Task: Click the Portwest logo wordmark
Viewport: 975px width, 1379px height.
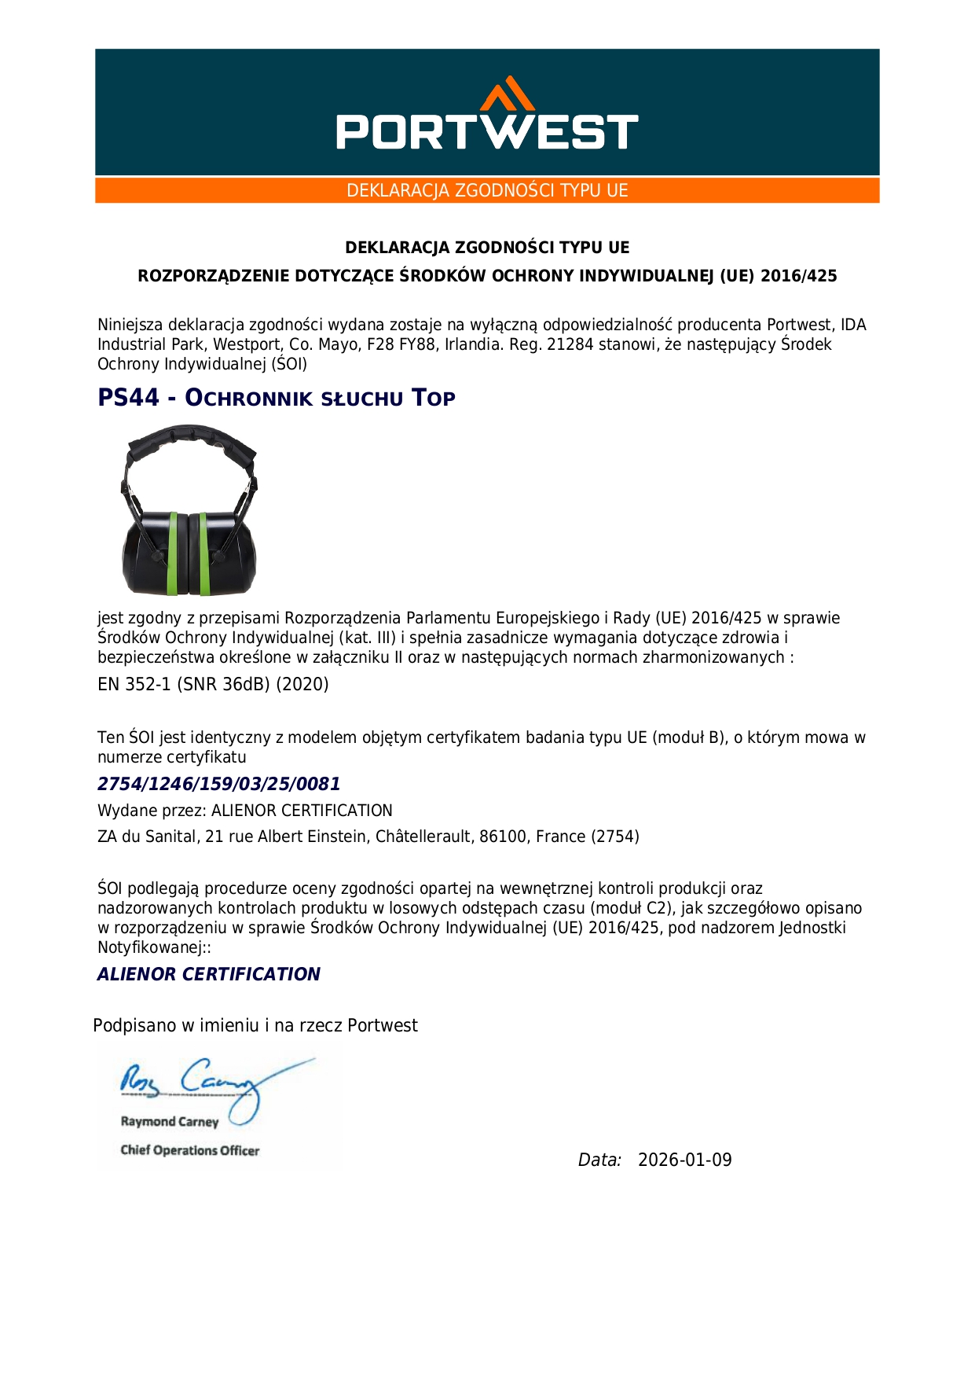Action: click(487, 131)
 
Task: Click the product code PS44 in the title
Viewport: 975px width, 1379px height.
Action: click(128, 398)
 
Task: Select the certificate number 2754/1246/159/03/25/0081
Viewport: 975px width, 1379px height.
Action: click(218, 784)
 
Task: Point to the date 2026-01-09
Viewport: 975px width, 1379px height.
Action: click(684, 1160)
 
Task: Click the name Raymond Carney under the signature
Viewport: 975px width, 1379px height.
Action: click(169, 1122)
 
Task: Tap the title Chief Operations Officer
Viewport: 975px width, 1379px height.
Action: click(189, 1150)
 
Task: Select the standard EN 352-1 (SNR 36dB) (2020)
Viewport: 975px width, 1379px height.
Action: click(213, 684)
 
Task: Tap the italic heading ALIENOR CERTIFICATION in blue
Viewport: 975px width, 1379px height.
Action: click(209, 974)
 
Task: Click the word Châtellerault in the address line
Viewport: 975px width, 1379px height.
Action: click(424, 837)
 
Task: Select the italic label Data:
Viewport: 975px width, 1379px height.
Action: click(599, 1160)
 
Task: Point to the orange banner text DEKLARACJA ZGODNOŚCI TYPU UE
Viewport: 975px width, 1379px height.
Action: click(487, 190)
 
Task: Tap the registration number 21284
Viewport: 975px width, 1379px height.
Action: click(570, 344)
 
